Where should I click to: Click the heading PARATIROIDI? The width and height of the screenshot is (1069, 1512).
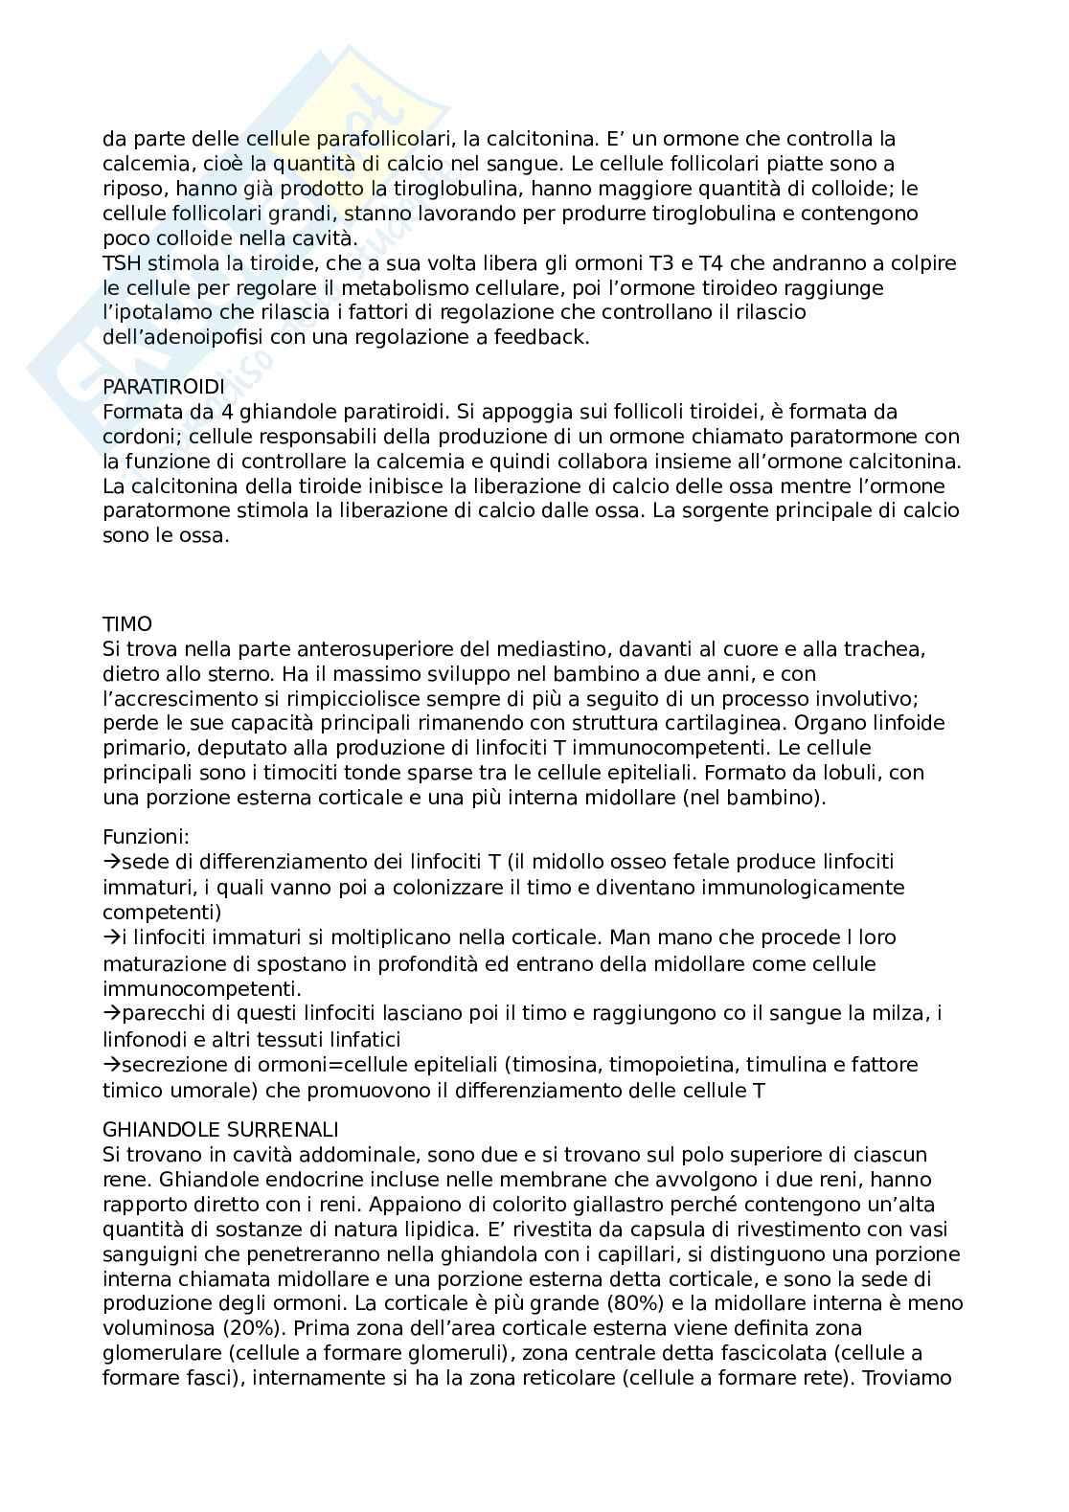163,387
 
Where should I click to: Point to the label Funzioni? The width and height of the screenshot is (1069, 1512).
146,836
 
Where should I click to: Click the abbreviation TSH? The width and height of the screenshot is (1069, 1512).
121,262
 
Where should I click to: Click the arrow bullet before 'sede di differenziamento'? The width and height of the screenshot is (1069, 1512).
109,863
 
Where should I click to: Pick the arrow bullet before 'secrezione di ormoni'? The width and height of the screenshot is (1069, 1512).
109,1065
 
